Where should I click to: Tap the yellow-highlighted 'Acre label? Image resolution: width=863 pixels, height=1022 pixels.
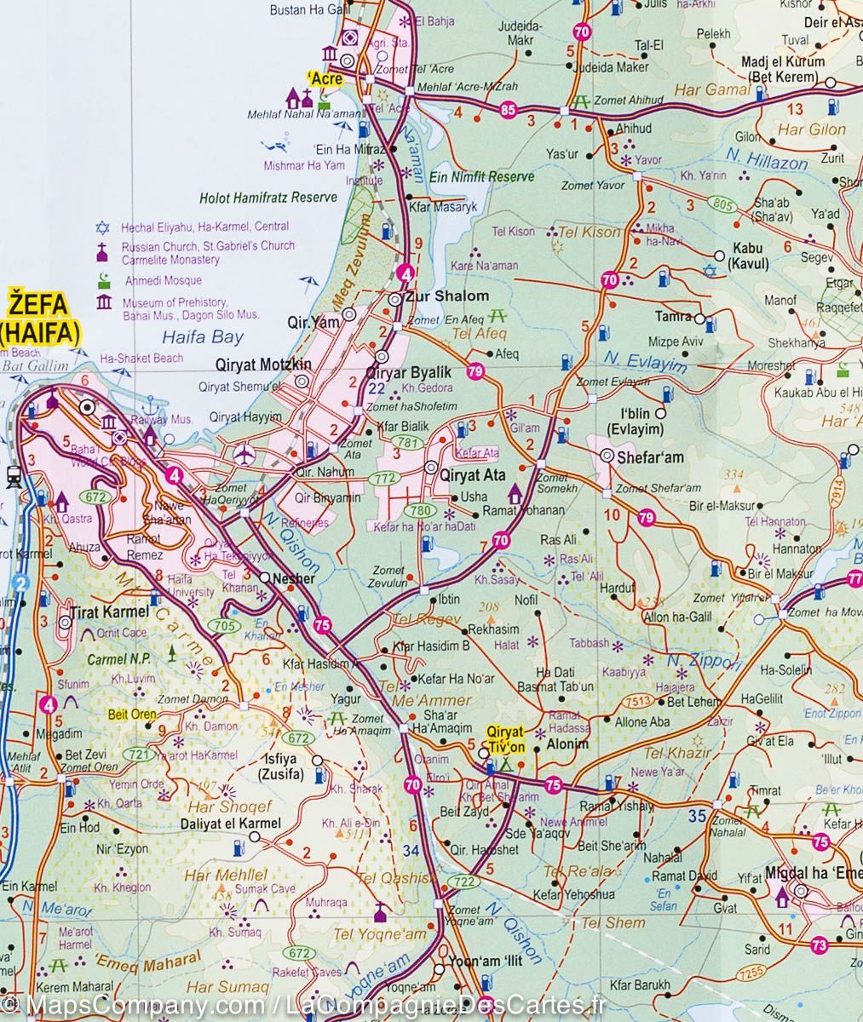point(325,79)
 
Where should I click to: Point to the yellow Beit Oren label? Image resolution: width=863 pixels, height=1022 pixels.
point(129,715)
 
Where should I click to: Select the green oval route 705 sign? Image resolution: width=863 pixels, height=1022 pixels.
point(226,626)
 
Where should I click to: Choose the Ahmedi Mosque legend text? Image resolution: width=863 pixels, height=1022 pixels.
point(161,280)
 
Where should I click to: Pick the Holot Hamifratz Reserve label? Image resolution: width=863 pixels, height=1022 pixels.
point(268,197)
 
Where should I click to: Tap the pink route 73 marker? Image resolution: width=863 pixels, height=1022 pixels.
point(820,944)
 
